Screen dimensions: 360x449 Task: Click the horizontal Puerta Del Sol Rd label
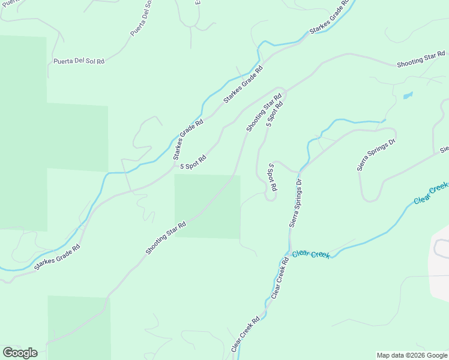pyautogui.click(x=79, y=61)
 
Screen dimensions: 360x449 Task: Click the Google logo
pyautogui.click(x=20, y=353)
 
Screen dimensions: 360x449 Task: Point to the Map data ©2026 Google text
pyautogui.click(x=411, y=355)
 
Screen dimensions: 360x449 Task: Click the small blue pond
pyautogui.click(x=408, y=95)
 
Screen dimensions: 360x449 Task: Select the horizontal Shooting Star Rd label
pyautogui.click(x=420, y=61)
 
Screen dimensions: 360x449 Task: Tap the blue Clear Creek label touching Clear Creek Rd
pyautogui.click(x=311, y=254)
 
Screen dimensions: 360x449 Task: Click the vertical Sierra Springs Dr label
pyautogui.click(x=295, y=203)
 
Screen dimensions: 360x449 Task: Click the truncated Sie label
pyautogui.click(x=444, y=149)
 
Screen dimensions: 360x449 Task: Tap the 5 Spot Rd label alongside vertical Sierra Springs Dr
pyautogui.click(x=273, y=178)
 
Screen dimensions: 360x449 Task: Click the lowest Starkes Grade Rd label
pyautogui.click(x=57, y=257)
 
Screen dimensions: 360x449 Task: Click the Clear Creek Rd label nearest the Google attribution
pyautogui.click(x=246, y=334)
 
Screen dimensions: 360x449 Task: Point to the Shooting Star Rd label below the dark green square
pyautogui.click(x=165, y=238)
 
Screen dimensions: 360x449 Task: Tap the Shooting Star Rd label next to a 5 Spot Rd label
pyautogui.click(x=264, y=113)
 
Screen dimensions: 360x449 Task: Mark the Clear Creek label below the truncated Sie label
pyautogui.click(x=430, y=193)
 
